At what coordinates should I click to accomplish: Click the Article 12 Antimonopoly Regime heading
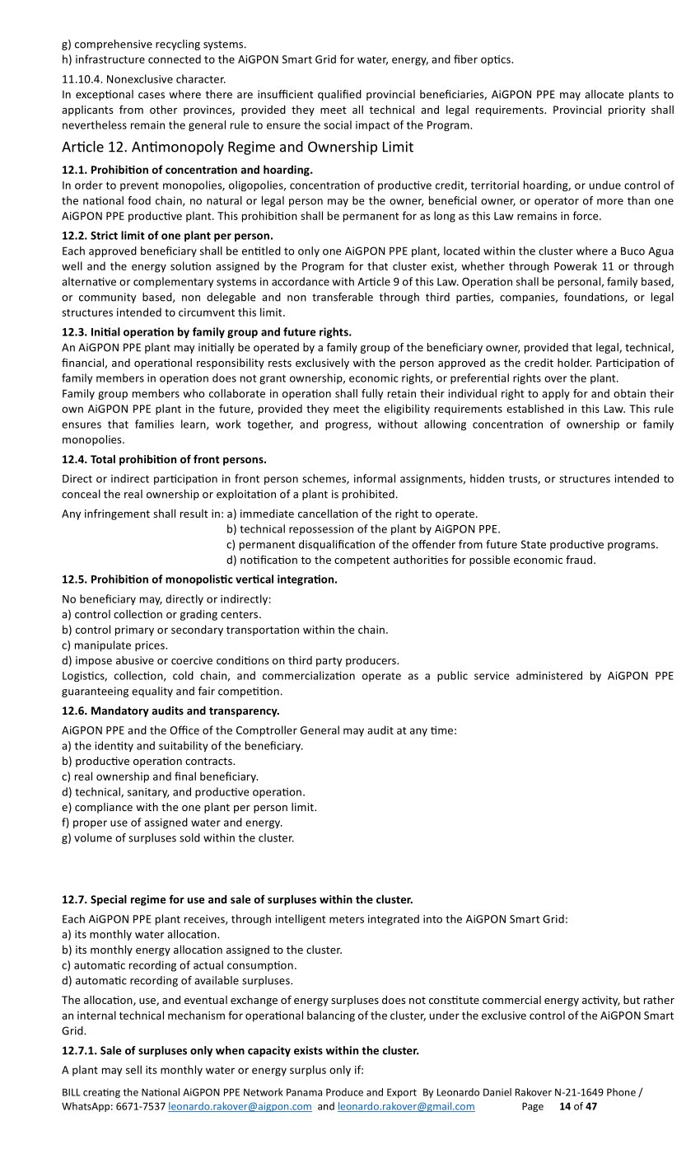pyautogui.click(x=237, y=148)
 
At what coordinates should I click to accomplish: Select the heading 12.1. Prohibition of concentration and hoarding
pyautogui.click(x=187, y=170)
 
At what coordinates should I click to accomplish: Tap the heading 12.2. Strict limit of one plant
pyautogui.click(x=167, y=236)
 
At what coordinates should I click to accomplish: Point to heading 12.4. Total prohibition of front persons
pyautogui.click(x=164, y=459)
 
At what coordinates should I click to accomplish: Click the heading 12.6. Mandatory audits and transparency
pyautogui.click(x=170, y=711)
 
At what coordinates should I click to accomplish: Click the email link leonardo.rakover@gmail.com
pyautogui.click(x=406, y=1107)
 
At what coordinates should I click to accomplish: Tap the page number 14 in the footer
pyautogui.click(x=565, y=1107)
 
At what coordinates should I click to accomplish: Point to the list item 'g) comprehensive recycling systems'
pyautogui.click(x=154, y=44)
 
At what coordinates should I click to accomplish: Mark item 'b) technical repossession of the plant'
pyautogui.click(x=362, y=529)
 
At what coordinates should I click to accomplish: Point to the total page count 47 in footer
pyautogui.click(x=591, y=1107)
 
